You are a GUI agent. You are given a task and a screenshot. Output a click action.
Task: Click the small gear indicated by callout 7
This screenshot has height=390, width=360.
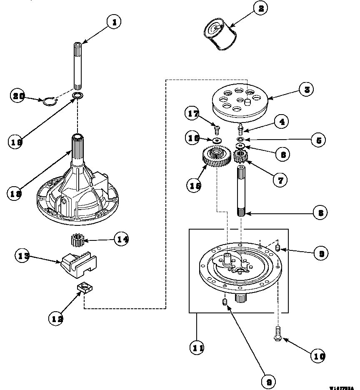tap(240, 157)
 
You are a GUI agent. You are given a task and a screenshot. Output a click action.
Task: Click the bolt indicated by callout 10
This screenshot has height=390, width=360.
tap(277, 334)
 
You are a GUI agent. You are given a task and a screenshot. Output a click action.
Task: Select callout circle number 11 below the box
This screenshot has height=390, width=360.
tap(196, 347)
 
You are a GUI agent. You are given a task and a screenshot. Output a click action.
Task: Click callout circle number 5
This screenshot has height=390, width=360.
tap(318, 140)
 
